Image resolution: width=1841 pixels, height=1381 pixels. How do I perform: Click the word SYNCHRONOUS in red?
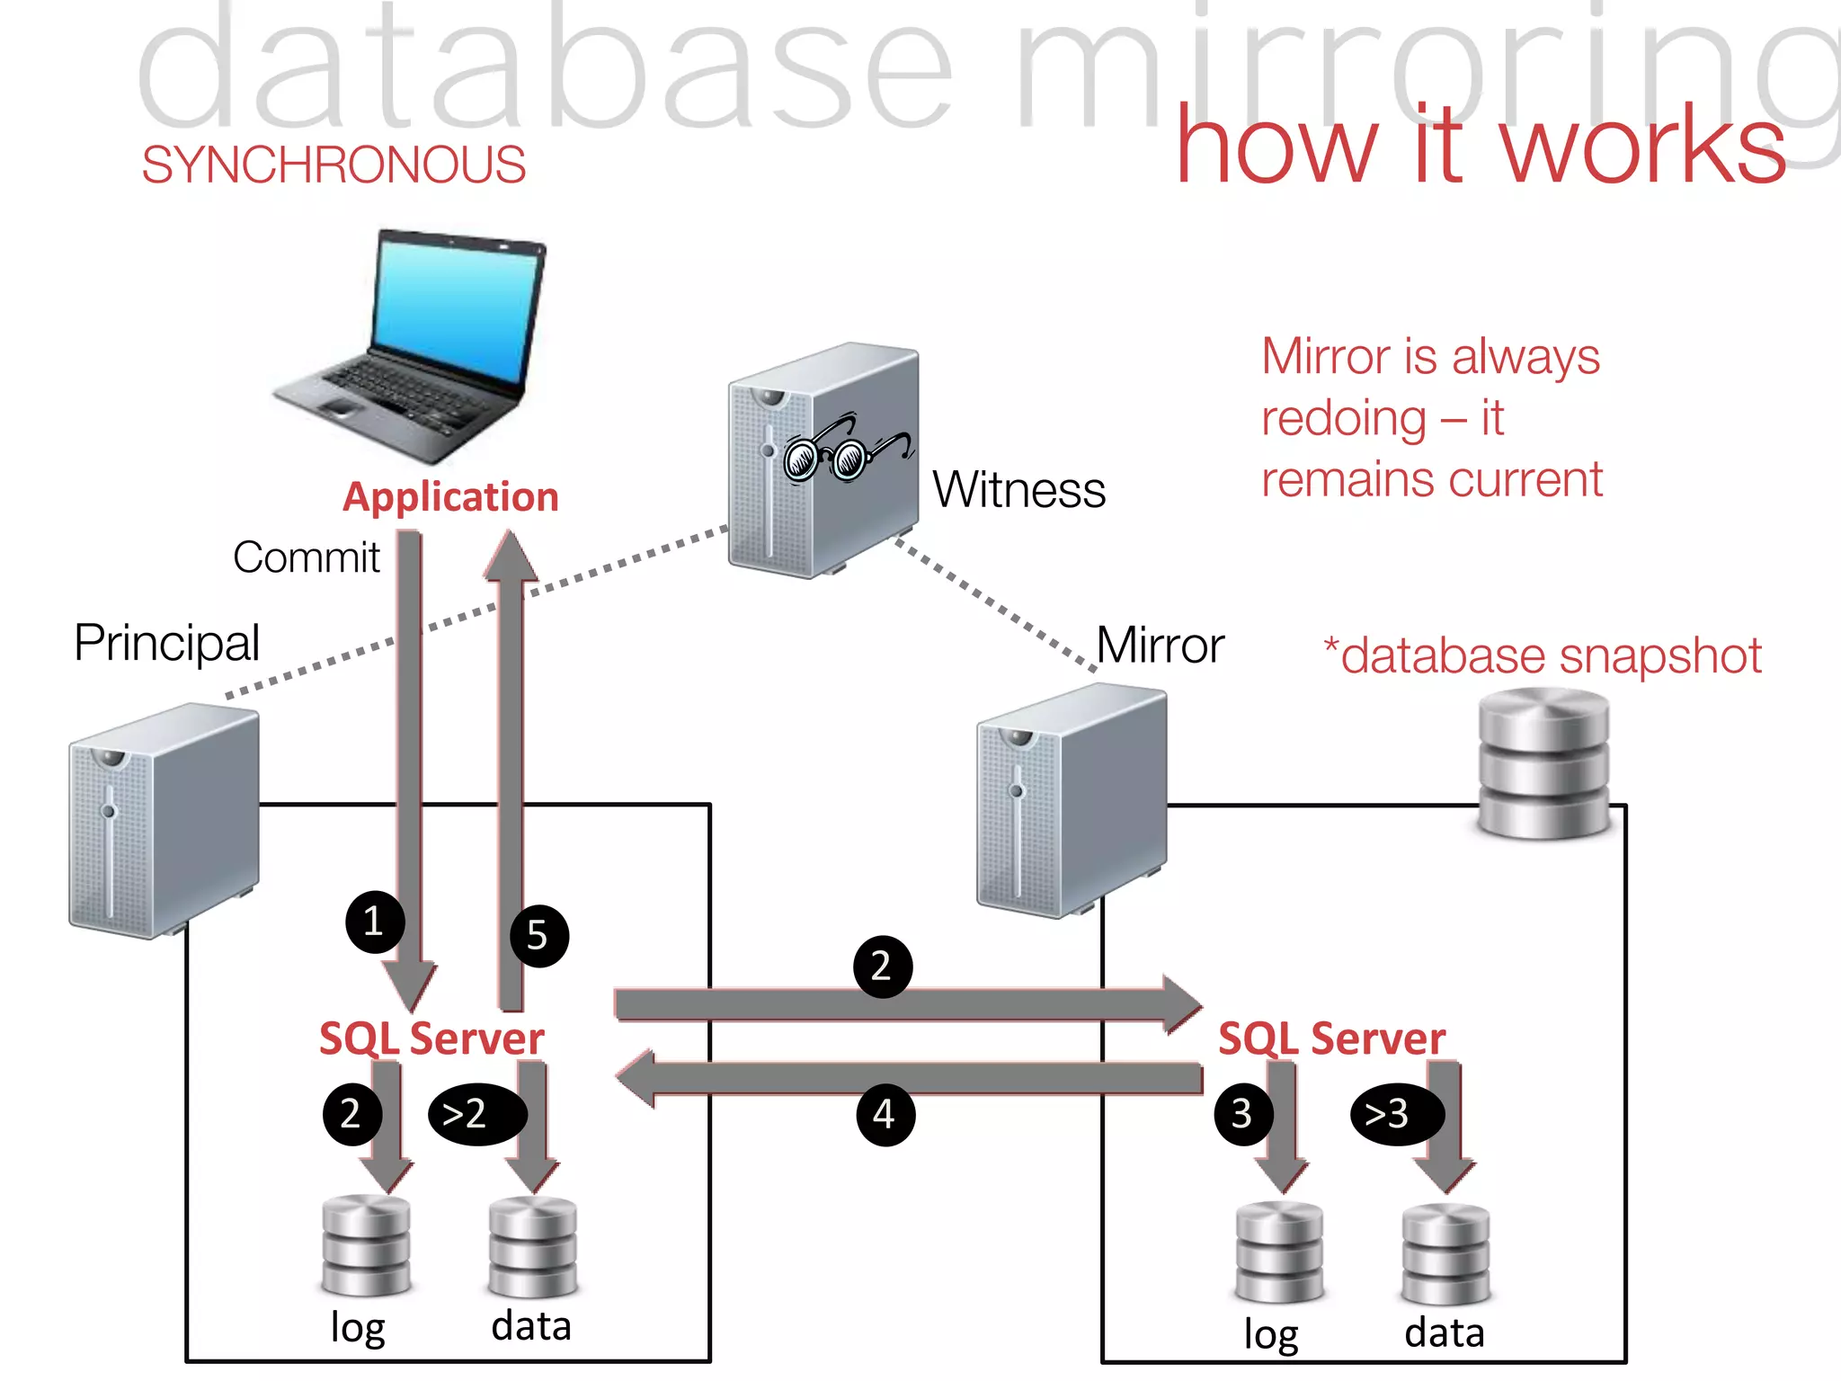[334, 165]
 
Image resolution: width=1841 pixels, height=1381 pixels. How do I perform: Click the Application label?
[450, 497]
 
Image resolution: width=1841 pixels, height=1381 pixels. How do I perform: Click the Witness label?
[1018, 490]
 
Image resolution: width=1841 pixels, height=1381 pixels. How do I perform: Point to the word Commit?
[306, 557]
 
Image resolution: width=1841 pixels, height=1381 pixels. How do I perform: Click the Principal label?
[167, 643]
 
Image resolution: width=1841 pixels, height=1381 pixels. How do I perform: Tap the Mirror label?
[1160, 646]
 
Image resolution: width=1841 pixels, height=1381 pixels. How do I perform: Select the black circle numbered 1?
[374, 922]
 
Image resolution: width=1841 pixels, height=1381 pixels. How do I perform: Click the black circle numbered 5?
[538, 936]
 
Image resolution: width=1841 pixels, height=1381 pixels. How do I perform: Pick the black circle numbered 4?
[885, 1115]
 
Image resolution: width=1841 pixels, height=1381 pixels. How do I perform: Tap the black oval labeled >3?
[1396, 1114]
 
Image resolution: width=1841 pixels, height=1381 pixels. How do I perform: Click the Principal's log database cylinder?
[366, 1245]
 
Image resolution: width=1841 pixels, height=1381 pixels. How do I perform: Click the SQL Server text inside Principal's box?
[431, 1038]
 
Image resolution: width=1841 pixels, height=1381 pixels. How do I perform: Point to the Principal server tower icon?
[164, 820]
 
